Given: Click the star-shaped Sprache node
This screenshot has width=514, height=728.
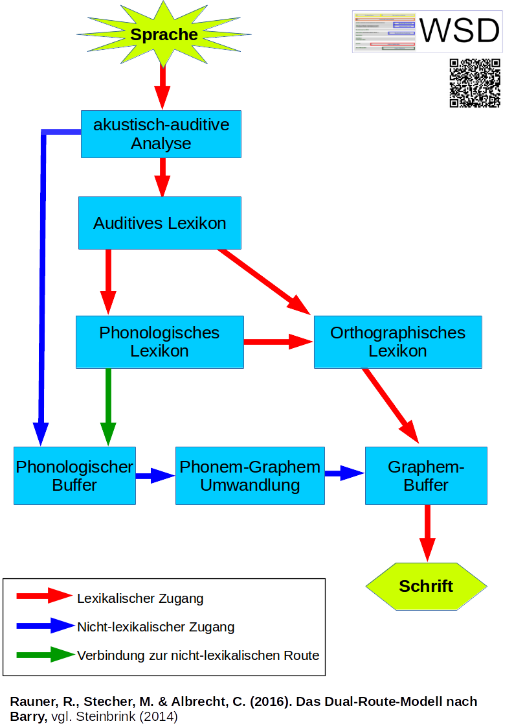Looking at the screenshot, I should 164,35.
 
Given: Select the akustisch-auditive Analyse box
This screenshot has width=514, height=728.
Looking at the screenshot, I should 161,134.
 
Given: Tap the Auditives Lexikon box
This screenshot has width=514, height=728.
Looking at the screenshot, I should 160,223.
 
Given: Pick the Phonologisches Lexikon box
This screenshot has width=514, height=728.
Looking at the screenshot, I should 159,342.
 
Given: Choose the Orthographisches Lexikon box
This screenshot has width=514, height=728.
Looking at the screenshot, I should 397,342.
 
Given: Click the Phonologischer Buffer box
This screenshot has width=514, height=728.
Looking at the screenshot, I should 74,476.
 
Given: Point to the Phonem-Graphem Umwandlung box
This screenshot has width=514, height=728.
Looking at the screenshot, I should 250,476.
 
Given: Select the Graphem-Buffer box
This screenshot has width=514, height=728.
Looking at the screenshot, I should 426,476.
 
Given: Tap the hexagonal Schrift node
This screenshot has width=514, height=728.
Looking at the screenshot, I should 426,587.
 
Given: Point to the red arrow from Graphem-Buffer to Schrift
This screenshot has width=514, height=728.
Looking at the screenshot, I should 427,533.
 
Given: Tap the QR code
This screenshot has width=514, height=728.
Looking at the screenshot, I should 475,83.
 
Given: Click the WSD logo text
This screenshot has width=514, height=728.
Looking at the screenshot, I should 460,30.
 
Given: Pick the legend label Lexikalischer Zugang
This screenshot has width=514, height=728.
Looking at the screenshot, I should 140,599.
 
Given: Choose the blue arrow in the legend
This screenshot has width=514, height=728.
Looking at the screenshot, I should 45,626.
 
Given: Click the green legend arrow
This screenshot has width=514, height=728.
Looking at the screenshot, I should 45,655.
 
